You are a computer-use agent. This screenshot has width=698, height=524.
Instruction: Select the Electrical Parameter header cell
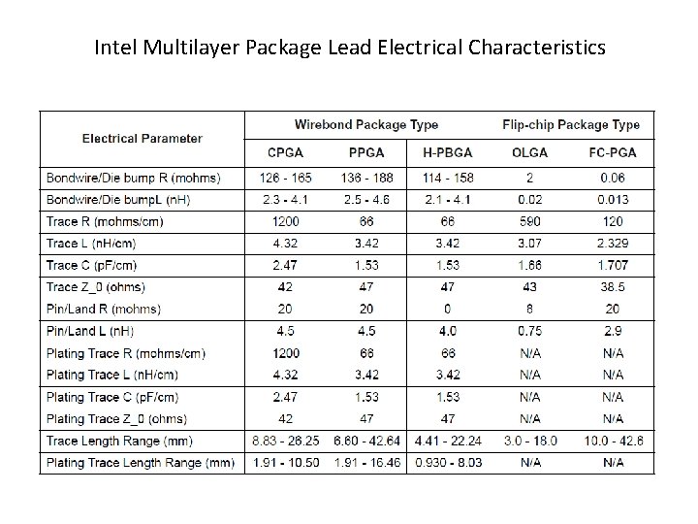[x=143, y=138]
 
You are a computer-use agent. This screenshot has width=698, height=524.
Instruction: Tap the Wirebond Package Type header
[x=366, y=124]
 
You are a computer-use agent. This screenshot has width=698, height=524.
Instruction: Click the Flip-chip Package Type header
[x=571, y=124]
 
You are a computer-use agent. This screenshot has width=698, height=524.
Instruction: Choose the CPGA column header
[x=285, y=152]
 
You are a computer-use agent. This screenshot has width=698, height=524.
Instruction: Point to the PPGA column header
[x=365, y=152]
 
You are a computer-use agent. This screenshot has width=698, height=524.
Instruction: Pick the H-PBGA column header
[x=448, y=152]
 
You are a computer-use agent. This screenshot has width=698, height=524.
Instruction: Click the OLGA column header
[x=529, y=152]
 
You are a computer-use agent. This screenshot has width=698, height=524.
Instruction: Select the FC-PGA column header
[x=613, y=152]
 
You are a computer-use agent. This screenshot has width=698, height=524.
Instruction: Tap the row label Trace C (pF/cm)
[x=91, y=265]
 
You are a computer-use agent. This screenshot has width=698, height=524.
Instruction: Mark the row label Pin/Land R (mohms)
[x=104, y=309]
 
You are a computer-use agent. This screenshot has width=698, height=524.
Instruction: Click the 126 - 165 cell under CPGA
[x=285, y=178]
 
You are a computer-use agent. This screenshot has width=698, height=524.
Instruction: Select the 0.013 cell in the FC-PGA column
[x=613, y=199]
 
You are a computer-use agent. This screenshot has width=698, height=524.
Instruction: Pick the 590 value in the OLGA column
[x=529, y=221]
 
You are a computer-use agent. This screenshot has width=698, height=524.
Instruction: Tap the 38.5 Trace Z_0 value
[x=613, y=287]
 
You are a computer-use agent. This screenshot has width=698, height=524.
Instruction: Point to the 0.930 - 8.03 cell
[x=448, y=463]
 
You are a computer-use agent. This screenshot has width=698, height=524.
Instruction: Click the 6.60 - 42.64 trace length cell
[x=365, y=441]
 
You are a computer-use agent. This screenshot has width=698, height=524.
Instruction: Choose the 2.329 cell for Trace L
[x=613, y=243]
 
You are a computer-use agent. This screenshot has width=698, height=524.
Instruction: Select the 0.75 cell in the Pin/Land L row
[x=529, y=331]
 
